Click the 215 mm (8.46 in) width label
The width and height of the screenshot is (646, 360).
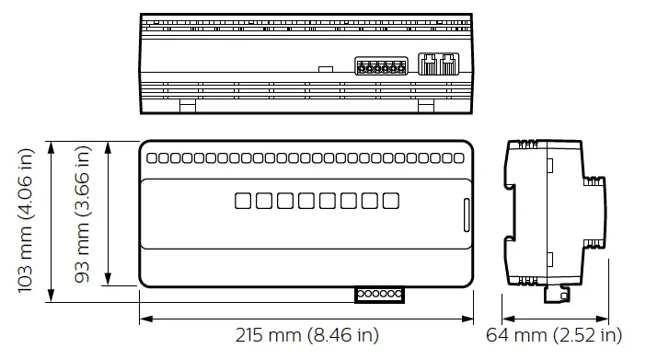tap(306, 336)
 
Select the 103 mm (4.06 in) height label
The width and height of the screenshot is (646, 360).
tap(27, 221)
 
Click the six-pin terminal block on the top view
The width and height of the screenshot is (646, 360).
tap(381, 67)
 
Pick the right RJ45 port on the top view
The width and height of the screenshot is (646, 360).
tap(448, 64)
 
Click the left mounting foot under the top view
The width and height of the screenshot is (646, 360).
tap(187, 107)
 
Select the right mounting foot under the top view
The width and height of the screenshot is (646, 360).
tap(425, 107)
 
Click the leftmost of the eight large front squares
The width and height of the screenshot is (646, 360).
tap(243, 200)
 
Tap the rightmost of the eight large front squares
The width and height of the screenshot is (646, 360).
tap(391, 200)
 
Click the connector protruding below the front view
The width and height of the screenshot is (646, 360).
tap(379, 294)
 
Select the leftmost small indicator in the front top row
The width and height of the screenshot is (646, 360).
tap(152, 157)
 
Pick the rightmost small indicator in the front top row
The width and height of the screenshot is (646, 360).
tap(458, 157)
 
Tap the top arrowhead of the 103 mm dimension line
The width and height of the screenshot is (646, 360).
tap(52, 145)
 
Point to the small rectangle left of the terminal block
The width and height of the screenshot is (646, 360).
tap(324, 69)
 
